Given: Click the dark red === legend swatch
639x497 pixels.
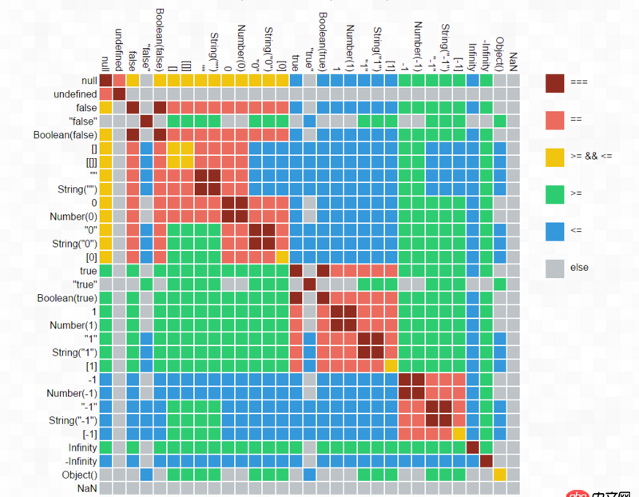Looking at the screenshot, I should pyautogui.click(x=555, y=83).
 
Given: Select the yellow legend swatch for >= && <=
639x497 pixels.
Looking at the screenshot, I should pyautogui.click(x=555, y=157).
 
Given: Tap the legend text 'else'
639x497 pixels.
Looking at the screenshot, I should pyautogui.click(x=579, y=267).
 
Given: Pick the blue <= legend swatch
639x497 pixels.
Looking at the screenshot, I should pyautogui.click(x=555, y=230).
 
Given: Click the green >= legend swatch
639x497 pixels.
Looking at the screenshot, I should pyautogui.click(x=555, y=193).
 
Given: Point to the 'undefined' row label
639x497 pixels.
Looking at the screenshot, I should pyautogui.click(x=76, y=94).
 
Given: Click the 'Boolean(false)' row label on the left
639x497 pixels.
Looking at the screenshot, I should pyautogui.click(x=65, y=134).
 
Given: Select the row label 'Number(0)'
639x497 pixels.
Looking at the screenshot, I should pyautogui.click(x=72, y=217).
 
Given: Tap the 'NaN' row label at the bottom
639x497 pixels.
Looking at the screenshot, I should pyautogui.click(x=87, y=487).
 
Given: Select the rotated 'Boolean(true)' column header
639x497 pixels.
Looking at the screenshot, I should pyautogui.click(x=323, y=40).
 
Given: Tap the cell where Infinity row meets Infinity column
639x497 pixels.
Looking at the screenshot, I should pyautogui.click(x=473, y=447).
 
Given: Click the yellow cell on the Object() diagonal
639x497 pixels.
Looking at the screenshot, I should pyautogui.click(x=500, y=475).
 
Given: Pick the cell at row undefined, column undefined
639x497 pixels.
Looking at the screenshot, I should pyautogui.click(x=120, y=94).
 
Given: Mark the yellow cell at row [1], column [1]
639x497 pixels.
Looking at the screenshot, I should pyautogui.click(x=391, y=365).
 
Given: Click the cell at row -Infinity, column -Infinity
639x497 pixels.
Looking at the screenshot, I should pyautogui.click(x=486, y=461).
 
